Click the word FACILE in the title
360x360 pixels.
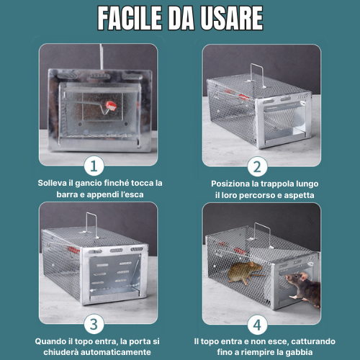(130, 18)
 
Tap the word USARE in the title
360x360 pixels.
(232, 18)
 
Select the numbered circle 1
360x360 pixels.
(94, 166)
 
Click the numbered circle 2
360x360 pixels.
(257, 166)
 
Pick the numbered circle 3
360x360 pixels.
(94, 324)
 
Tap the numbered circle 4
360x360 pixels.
(257, 325)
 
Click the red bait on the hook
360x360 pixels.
(111, 106)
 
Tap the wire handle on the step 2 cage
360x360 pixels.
(257, 74)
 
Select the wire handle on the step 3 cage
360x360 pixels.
(91, 225)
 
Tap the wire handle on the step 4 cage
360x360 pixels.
(263, 234)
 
